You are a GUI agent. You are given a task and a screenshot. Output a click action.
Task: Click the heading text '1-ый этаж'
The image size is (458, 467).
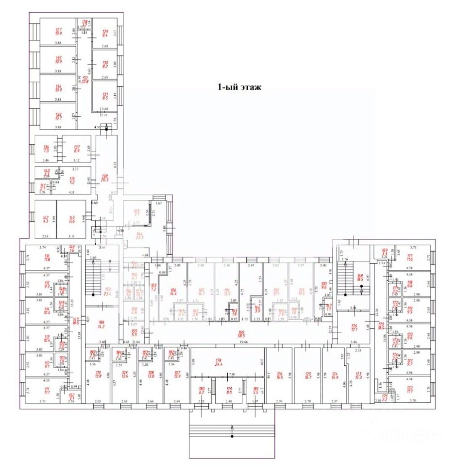click(239, 88)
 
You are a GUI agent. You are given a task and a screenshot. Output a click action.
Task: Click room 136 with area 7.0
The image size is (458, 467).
click(47, 149)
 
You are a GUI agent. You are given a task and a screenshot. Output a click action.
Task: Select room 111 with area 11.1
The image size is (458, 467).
click(47, 390)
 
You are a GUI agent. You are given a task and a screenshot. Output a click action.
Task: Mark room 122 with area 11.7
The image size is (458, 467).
click(409, 389)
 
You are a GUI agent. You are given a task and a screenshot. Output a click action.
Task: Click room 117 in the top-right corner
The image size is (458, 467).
click(409, 258)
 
